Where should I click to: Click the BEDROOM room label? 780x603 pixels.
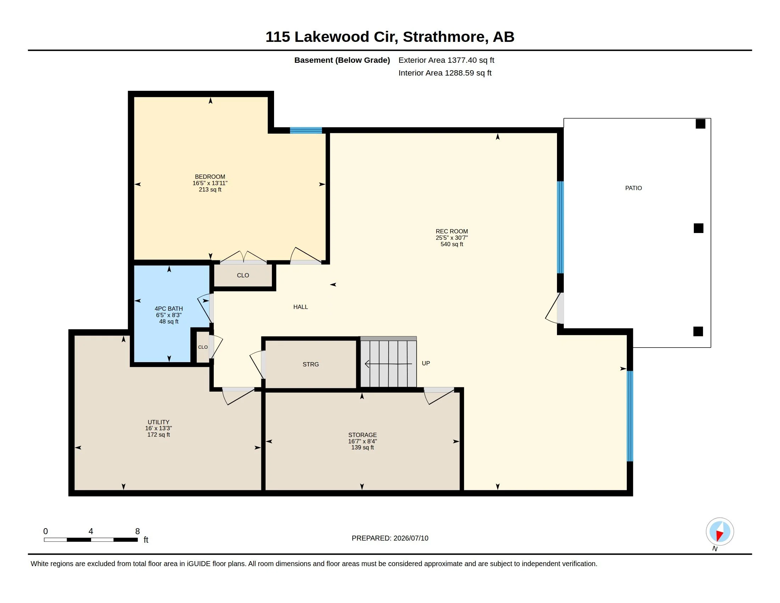(x=210, y=177)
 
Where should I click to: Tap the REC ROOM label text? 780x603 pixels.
(x=452, y=232)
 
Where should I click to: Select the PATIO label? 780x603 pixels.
(x=634, y=188)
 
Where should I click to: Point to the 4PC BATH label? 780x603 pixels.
(x=168, y=309)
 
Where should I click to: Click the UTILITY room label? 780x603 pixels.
(x=158, y=422)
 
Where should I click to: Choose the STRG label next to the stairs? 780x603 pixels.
(x=311, y=364)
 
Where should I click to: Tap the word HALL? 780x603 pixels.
(x=301, y=307)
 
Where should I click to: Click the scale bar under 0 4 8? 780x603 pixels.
(x=91, y=540)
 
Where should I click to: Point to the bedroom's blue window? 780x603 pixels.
(x=306, y=131)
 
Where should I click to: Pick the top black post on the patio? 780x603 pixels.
(x=700, y=123)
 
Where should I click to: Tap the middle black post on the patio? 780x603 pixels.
(x=698, y=228)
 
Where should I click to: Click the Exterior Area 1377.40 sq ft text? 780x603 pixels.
(x=446, y=60)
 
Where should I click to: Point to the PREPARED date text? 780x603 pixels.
(x=390, y=538)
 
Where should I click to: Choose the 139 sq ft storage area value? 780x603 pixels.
(x=362, y=447)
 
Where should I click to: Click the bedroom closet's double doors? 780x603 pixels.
(x=243, y=257)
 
